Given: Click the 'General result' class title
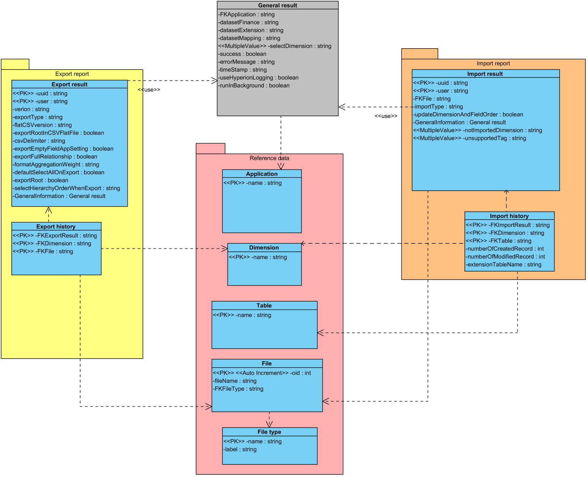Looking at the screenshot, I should (x=277, y=5).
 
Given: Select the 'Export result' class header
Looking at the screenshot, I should (x=70, y=84).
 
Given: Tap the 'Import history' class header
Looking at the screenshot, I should (x=509, y=216).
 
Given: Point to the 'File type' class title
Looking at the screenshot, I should (x=269, y=432).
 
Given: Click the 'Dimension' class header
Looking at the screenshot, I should (x=264, y=248).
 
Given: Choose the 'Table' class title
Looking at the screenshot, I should (x=264, y=306).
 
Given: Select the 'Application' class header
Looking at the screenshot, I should (x=262, y=174).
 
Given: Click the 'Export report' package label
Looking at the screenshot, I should (x=72, y=74).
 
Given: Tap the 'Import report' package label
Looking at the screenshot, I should (x=493, y=63).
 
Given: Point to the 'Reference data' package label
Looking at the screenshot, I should (x=269, y=158).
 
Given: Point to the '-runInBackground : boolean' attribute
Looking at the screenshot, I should (x=254, y=85).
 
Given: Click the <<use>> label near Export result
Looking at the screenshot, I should (x=149, y=90).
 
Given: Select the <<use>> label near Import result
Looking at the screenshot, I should (x=386, y=116).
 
